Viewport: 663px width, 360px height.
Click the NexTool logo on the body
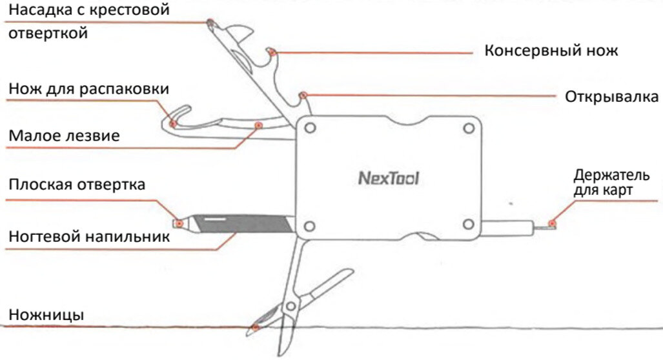point(388,177)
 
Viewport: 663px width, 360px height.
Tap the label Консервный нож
point(551,50)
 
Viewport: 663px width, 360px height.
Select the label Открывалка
point(612,97)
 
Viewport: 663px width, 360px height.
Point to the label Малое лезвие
point(64,136)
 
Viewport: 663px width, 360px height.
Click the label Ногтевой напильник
point(89,237)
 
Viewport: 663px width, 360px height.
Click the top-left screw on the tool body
point(310,128)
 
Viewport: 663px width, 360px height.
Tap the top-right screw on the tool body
point(469,128)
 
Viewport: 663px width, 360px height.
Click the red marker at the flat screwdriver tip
point(177,223)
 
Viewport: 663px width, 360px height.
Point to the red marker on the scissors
point(256,328)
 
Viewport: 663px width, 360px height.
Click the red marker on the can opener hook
point(273,51)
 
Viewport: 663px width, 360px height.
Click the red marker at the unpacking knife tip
point(172,123)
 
